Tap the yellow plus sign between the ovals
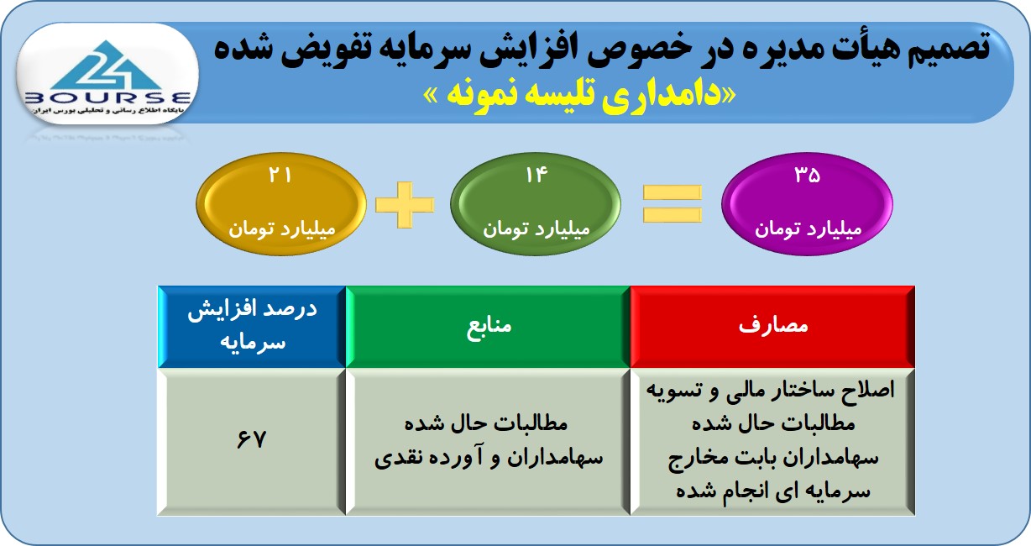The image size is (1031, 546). pyautogui.click(x=405, y=204)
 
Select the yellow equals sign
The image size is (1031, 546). pyautogui.click(x=672, y=203)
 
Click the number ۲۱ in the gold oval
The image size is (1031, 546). pyautogui.click(x=280, y=175)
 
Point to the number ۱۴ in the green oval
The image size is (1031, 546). pyautogui.click(x=536, y=175)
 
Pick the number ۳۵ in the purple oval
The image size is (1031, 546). pyautogui.click(x=808, y=175)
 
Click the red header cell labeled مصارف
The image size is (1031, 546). pyautogui.click(x=772, y=327)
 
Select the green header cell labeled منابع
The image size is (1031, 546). pyautogui.click(x=488, y=327)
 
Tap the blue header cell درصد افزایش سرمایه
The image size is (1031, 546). pyautogui.click(x=252, y=327)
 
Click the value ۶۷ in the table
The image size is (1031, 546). pyautogui.click(x=252, y=439)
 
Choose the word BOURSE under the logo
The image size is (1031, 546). pyautogui.click(x=107, y=97)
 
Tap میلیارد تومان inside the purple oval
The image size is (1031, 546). pyautogui.click(x=808, y=228)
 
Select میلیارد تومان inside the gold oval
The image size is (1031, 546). pyautogui.click(x=282, y=228)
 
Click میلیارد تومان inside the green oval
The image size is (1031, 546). pyautogui.click(x=536, y=228)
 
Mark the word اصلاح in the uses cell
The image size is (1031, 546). pyautogui.click(x=870, y=391)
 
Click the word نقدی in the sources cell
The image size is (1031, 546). pyautogui.click(x=396, y=459)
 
